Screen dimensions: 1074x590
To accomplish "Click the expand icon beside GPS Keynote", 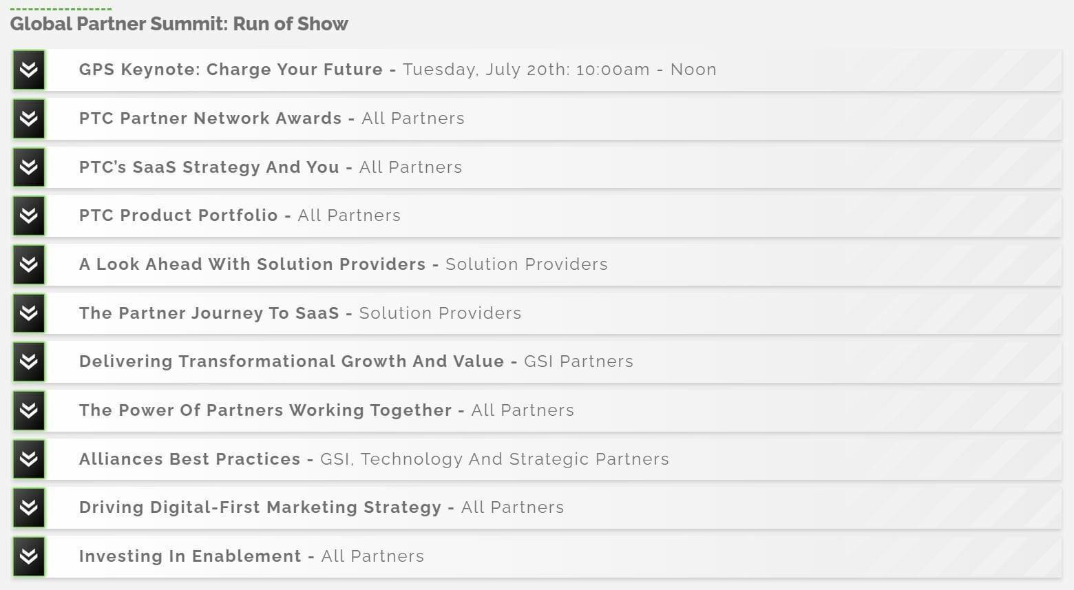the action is [x=29, y=70].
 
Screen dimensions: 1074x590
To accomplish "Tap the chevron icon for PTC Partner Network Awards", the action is [x=29, y=118].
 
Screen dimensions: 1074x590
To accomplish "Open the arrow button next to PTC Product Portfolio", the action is [x=29, y=215].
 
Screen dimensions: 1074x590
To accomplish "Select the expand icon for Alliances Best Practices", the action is [x=29, y=459].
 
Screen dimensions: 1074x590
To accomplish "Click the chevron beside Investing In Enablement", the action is [x=29, y=556].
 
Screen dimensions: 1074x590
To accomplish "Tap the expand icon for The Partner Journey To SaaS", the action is [x=29, y=313].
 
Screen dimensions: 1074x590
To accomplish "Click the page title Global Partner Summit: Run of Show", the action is [x=179, y=24].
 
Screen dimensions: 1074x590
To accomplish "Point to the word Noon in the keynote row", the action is [x=693, y=70].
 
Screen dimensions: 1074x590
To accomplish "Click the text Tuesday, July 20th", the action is [x=486, y=70].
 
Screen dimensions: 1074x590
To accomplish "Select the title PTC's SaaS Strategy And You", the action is [x=209, y=167].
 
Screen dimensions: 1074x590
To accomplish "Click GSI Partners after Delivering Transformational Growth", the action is [x=578, y=361].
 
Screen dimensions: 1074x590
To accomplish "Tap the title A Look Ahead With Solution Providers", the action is [x=252, y=264].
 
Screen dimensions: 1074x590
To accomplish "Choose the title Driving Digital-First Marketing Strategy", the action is [x=260, y=507].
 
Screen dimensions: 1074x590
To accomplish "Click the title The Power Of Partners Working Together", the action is [x=265, y=410].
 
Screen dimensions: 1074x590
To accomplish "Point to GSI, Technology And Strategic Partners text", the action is [x=494, y=459].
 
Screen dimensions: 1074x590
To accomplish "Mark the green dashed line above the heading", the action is [x=61, y=9].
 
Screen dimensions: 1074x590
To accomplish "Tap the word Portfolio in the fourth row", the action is [x=238, y=215].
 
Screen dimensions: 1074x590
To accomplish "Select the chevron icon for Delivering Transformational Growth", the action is [x=29, y=362].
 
